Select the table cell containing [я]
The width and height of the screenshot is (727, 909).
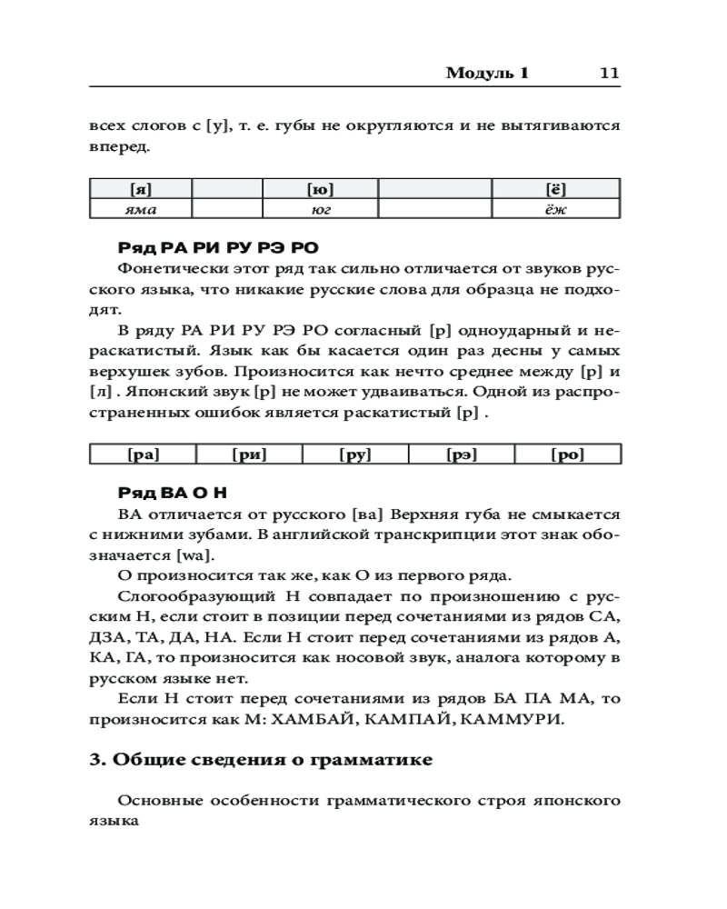(140, 189)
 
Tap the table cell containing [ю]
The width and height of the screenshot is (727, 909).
(321, 189)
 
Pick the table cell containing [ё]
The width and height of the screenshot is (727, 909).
(556, 189)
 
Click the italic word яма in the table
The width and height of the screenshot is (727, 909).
(140, 209)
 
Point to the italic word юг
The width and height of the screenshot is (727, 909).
(321, 209)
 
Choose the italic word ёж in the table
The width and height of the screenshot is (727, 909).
(556, 209)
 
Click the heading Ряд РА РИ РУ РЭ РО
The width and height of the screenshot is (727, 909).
(218, 247)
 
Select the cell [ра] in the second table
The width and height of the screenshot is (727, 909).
(143, 454)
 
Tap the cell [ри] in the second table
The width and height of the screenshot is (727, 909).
(249, 454)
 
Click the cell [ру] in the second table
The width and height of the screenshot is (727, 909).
(355, 454)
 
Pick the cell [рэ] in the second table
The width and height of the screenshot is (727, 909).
(462, 454)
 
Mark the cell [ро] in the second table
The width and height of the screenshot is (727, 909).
(568, 454)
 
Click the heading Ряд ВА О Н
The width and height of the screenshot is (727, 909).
(173, 493)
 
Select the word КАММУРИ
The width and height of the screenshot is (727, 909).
(515, 720)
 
